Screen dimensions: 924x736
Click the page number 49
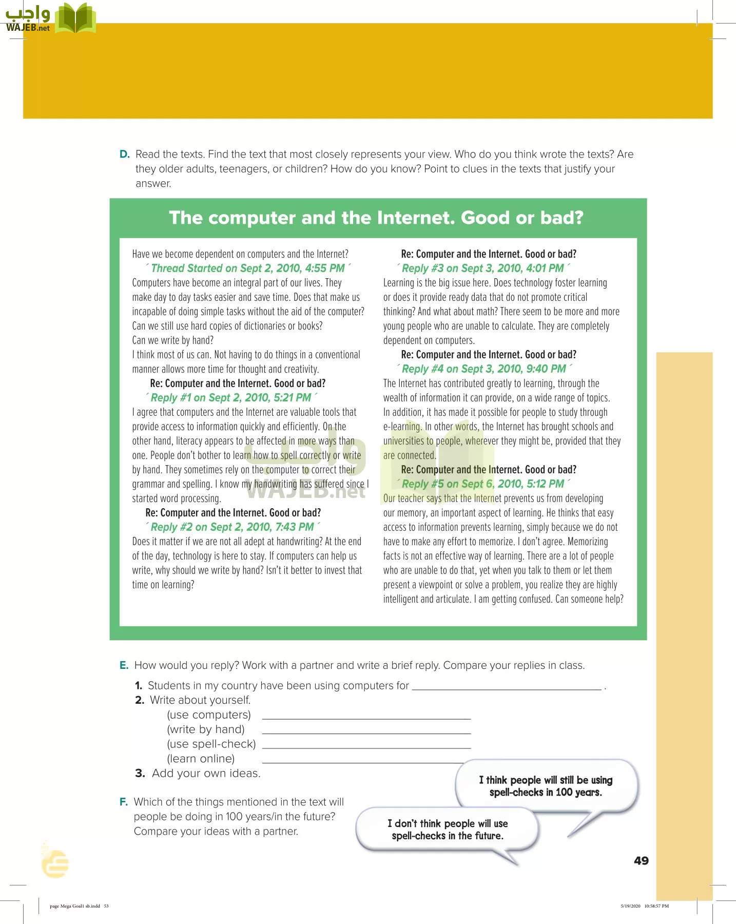(x=641, y=861)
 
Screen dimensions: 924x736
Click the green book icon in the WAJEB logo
(x=75, y=18)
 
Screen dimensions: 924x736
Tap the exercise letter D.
(x=124, y=154)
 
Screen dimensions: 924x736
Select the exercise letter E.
(x=124, y=665)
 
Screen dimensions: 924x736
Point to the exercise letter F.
(x=123, y=802)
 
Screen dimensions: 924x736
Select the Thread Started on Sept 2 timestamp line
(x=248, y=268)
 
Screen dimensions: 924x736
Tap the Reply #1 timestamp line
(x=231, y=398)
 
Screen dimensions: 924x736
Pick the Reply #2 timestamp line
(x=232, y=527)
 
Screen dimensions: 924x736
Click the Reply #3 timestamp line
(x=482, y=268)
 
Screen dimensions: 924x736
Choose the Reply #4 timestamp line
(x=483, y=369)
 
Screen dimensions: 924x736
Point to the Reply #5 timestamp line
(x=482, y=484)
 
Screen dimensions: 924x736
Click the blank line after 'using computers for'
(x=506, y=688)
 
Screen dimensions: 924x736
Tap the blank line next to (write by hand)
(x=366, y=732)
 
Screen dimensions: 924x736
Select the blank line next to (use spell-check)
(x=366, y=747)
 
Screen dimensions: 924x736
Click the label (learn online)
(x=201, y=759)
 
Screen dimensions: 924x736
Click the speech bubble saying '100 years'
(x=546, y=786)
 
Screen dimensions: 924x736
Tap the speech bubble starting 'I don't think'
(x=447, y=829)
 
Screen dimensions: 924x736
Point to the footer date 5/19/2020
(x=630, y=906)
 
